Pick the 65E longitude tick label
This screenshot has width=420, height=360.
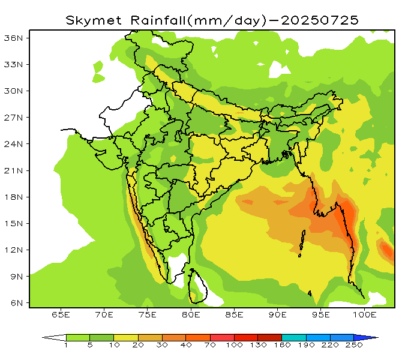pyautogui.click(x=61, y=314)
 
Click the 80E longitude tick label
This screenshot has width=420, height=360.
pyautogui.click(x=191, y=314)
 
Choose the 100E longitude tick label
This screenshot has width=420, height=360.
pyautogui.click(x=364, y=314)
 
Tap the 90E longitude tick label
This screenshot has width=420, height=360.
pyautogui.click(x=277, y=314)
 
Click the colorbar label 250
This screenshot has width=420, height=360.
pyautogui.click(x=354, y=346)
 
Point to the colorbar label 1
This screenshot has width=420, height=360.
pyautogui.click(x=66, y=346)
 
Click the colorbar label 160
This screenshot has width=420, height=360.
pyautogui.click(x=282, y=346)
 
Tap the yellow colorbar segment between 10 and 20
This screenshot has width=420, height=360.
pyautogui.click(x=126, y=337)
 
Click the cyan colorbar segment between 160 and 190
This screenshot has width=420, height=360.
pyautogui.click(x=294, y=337)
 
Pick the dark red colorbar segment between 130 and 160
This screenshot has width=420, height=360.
pyautogui.click(x=270, y=337)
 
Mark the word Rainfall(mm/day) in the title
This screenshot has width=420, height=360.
pyautogui.click(x=197, y=20)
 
